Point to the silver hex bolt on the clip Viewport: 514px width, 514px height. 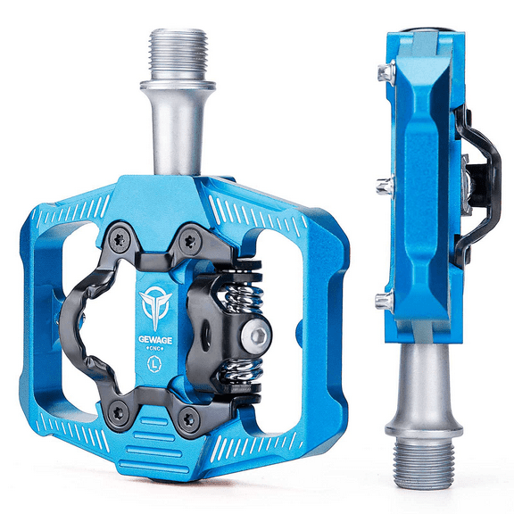click(258, 335)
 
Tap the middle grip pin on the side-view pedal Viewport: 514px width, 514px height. click(385, 185)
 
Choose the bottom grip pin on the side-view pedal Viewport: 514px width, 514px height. click(385, 302)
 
